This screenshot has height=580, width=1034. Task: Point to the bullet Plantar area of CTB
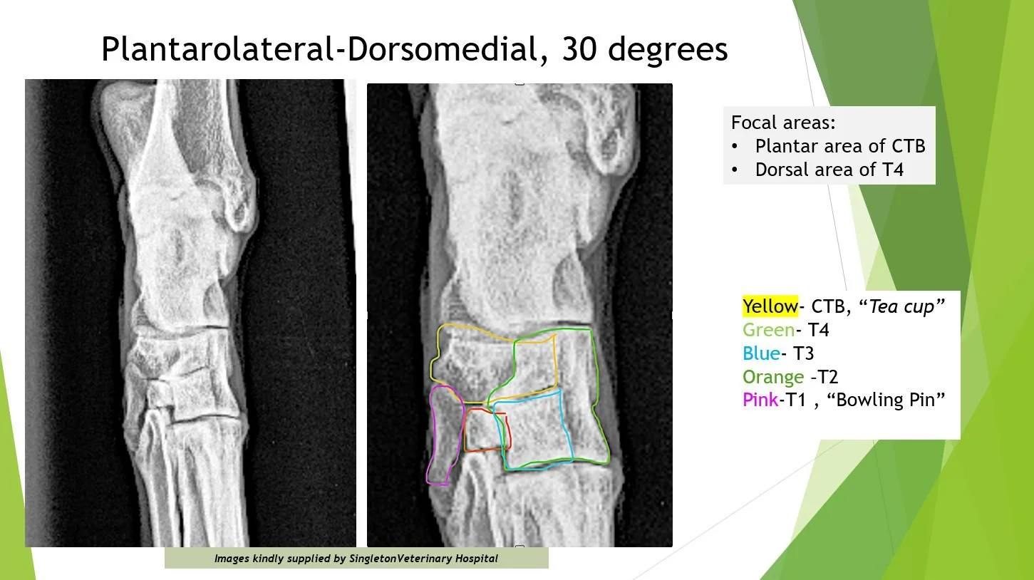839,146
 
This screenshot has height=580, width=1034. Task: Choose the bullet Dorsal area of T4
829,170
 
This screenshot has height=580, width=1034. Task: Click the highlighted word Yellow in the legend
770,306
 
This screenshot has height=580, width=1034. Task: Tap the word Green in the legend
768,330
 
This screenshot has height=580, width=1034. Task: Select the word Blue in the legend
759,353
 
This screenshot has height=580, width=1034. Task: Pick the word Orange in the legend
772,377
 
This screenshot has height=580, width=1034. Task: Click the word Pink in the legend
760,400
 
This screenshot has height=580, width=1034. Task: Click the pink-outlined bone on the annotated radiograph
443,435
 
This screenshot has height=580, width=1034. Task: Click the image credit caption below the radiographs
356,559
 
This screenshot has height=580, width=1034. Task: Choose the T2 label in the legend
827,377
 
